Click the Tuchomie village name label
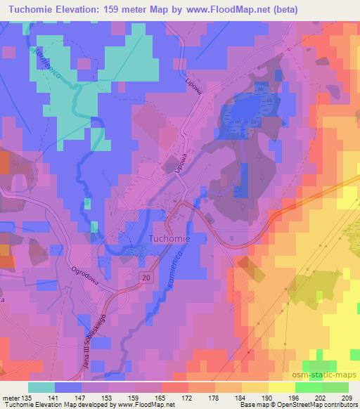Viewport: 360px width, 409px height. [179, 239]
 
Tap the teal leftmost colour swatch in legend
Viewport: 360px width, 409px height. [41, 387]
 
